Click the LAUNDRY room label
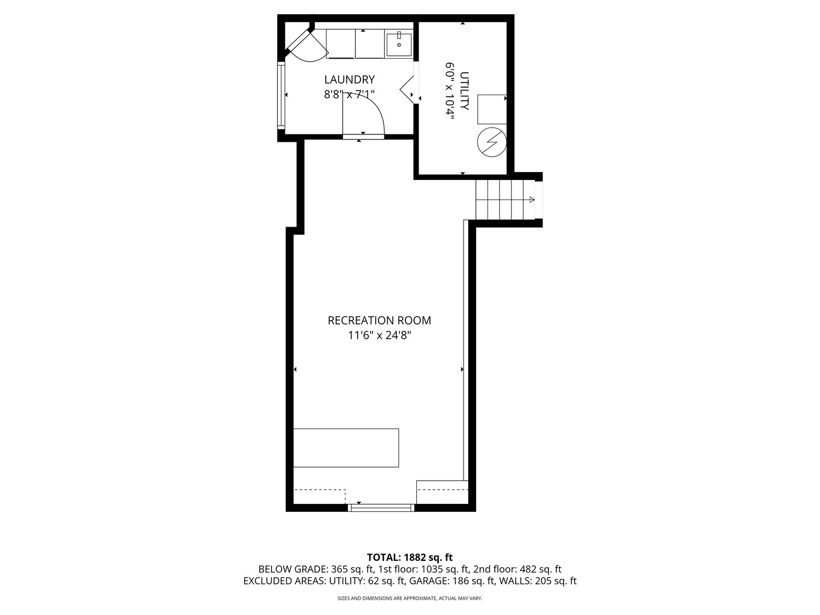pos(349,80)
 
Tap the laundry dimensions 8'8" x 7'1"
pos(349,95)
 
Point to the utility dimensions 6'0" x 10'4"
pos(450,89)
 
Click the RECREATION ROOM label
pos(379,321)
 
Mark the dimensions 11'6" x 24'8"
pos(379,336)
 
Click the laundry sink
pos(399,44)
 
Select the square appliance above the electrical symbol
pos(491,109)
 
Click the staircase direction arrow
pos(531,200)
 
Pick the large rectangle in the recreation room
pos(346,448)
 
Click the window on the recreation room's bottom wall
pos(382,507)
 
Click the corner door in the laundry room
pos(310,46)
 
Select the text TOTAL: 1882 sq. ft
pos(409,557)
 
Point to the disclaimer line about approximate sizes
pos(409,598)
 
